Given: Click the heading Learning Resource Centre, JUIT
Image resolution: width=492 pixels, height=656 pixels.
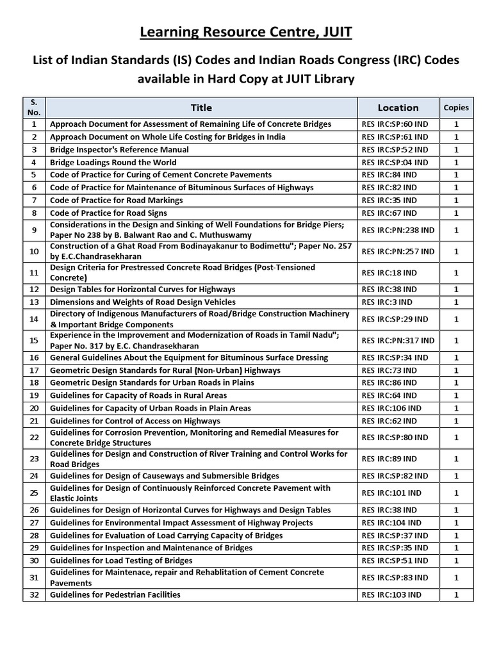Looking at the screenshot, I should pos(246,31).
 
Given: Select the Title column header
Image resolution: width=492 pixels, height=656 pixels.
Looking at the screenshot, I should pos(201,108).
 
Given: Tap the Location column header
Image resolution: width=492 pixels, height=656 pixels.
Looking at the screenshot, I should pos(398,108).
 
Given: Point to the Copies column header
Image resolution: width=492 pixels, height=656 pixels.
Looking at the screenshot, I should pos(456,108).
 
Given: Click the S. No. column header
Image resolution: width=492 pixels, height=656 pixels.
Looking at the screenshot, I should pos(34,108).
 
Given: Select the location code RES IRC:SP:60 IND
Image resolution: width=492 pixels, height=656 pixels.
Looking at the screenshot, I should pos(395,124).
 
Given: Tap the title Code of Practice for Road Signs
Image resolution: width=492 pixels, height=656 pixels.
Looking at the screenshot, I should pos(108,213).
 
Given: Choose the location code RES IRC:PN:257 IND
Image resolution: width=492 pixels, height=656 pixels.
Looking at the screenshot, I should pos(398,251).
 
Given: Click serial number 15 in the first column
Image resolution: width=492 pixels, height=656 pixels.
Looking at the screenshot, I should pos(34,340).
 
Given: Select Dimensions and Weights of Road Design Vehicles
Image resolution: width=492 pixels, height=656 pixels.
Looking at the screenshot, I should pos(143,302).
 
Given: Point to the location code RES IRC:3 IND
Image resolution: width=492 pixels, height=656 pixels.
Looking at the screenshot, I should pos(387,302).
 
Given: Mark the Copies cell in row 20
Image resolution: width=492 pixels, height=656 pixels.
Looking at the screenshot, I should pos(456,408).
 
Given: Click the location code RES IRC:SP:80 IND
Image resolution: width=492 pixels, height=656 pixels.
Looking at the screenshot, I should pos(395,438).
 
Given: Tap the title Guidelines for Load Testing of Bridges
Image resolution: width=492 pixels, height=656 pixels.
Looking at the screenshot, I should pos(121,561).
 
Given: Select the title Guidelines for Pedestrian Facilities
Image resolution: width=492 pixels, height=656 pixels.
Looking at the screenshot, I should pos(115,594).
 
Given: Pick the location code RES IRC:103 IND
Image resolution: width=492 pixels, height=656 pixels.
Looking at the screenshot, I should pos(391,594).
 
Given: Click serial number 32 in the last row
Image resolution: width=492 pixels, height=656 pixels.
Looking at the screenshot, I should pos(34,594).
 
